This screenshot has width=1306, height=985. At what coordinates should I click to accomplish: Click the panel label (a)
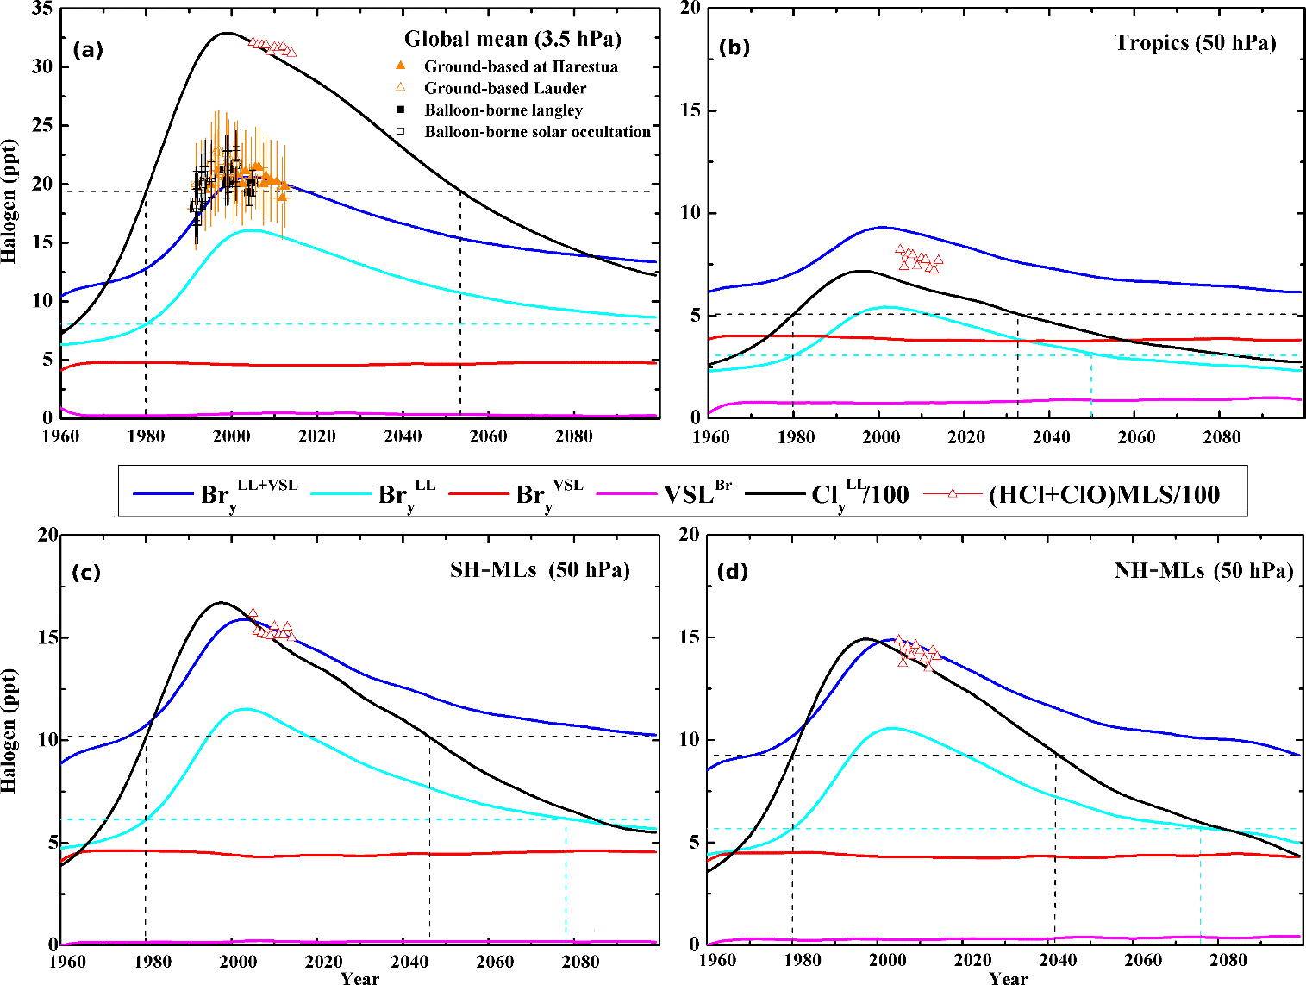[88, 50]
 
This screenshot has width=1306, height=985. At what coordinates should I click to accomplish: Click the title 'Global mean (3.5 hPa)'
[512, 39]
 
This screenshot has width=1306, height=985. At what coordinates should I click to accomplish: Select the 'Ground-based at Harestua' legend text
[521, 66]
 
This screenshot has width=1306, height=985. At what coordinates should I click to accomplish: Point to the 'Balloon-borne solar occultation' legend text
[537, 132]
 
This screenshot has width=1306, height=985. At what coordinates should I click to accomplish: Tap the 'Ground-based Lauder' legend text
[505, 88]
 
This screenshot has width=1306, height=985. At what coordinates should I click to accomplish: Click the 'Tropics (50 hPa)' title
[1195, 43]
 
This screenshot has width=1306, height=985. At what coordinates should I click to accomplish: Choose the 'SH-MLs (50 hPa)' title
[540, 570]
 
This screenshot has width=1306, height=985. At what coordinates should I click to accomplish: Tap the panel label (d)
[733, 572]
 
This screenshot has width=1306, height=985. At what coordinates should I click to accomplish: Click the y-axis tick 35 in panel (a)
[41, 9]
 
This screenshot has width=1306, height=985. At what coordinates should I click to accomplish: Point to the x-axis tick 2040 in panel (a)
[403, 436]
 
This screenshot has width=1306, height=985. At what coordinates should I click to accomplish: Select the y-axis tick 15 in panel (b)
[688, 110]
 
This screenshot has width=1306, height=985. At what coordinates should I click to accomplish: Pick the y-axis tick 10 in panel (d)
[688, 740]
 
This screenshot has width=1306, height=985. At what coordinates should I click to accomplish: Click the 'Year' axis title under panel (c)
[359, 978]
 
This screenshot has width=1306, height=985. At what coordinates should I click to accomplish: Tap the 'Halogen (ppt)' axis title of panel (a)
[9, 199]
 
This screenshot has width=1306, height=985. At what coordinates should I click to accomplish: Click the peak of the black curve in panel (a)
[226, 33]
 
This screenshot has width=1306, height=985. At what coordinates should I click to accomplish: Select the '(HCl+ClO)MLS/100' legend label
[1103, 495]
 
